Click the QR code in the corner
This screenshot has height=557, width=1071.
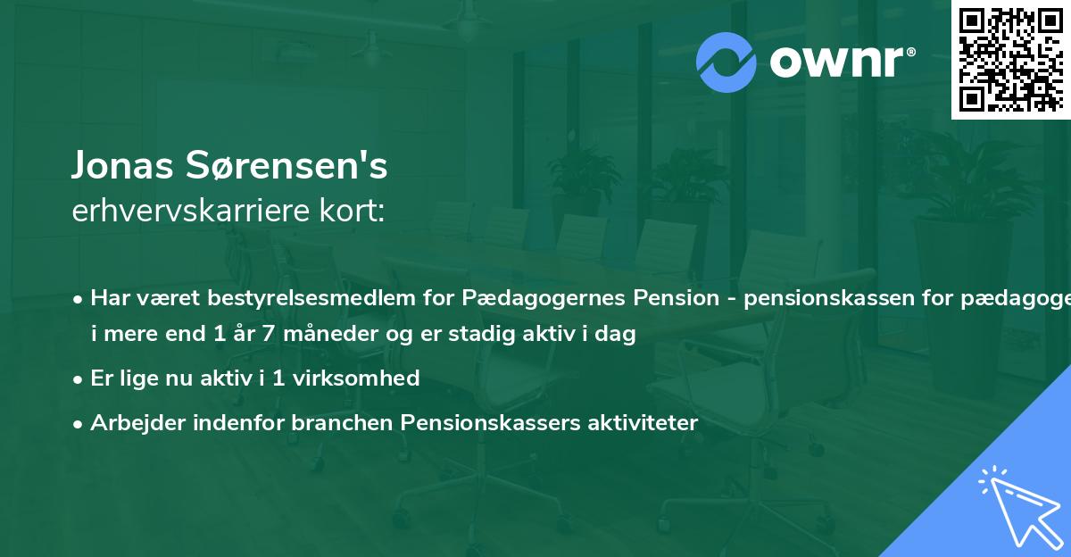1010,59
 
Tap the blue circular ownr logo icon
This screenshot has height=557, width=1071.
727,62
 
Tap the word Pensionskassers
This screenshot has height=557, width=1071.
491,422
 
